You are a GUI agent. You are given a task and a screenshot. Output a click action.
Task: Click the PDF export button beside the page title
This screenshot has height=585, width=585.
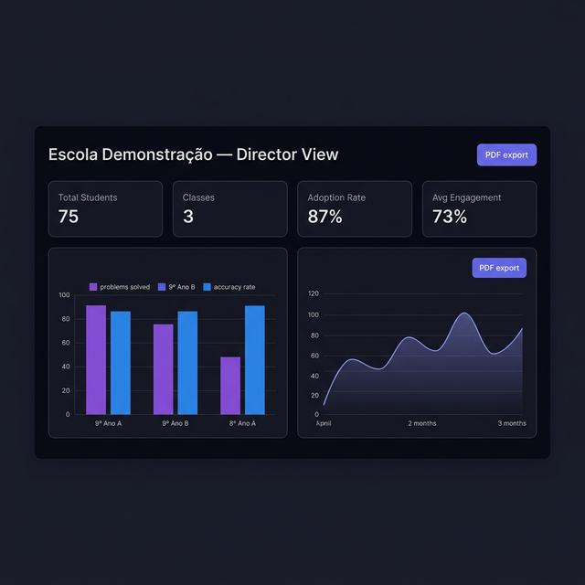coord(506,154)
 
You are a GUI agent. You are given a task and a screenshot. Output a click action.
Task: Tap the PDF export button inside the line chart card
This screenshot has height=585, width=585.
coord(499,268)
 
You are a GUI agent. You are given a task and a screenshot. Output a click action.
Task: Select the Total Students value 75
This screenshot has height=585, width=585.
coord(69,217)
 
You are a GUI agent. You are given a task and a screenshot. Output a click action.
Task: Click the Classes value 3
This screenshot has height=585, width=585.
coord(187,217)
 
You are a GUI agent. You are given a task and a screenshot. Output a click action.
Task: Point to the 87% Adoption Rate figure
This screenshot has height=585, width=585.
coord(324,217)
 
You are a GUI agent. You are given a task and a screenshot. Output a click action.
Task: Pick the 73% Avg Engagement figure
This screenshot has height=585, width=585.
coord(449,217)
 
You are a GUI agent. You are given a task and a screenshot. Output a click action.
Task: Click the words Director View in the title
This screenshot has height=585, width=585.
coord(287,154)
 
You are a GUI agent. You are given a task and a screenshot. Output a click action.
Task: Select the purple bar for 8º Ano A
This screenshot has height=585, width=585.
coord(230,385)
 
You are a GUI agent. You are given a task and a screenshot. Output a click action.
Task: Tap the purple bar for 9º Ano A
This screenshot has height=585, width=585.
coord(96,359)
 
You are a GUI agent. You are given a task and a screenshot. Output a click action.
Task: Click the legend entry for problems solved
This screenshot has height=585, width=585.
coord(120,287)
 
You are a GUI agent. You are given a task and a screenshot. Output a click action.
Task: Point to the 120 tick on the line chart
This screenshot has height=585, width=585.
coord(313,293)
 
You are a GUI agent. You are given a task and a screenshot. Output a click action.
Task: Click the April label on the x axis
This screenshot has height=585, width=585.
coord(324,423)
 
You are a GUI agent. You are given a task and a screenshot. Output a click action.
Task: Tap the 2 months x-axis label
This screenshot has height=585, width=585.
coord(421,423)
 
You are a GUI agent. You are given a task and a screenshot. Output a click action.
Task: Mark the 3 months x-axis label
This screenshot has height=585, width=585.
coord(512,423)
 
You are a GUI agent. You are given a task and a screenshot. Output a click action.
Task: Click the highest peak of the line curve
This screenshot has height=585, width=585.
coord(464,314)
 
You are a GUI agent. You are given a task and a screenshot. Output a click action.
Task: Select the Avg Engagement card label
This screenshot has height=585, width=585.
coord(466,197)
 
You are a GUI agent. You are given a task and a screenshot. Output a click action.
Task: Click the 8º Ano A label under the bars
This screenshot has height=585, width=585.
coord(241,423)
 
